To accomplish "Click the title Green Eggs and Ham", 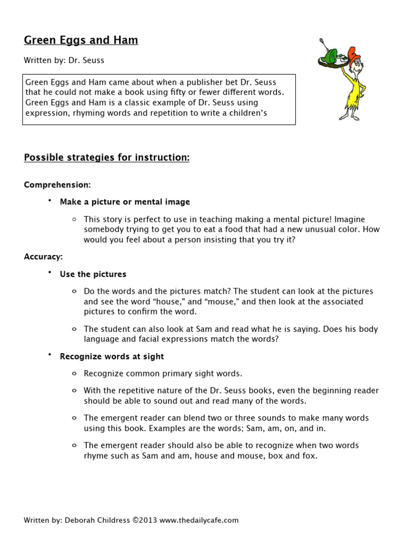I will (81, 40).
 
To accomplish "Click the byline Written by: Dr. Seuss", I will (64, 60).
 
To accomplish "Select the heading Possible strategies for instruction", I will (107, 158).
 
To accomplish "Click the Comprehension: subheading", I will (57, 185).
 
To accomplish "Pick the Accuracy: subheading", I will (43, 257).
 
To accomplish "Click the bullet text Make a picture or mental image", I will (125, 202).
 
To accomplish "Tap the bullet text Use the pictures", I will (93, 274).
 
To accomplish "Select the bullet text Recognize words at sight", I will (112, 356).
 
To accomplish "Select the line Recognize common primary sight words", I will (163, 373).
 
